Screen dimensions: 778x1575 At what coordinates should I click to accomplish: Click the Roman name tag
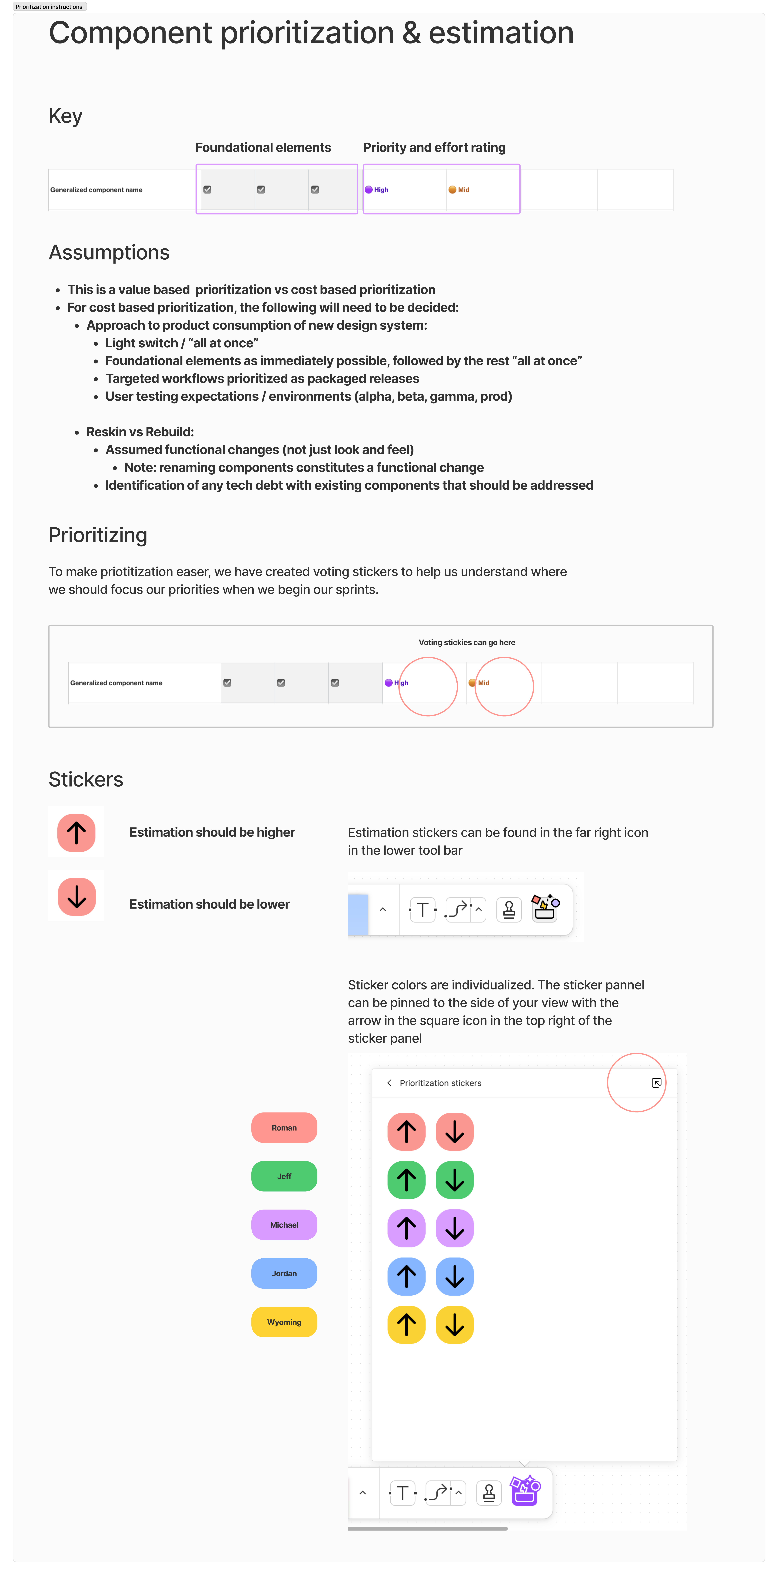pyautogui.click(x=284, y=1127)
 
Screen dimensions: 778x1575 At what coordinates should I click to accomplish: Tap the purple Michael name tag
pyautogui.click(x=284, y=1225)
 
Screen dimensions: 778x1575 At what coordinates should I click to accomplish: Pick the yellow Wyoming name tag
pyautogui.click(x=284, y=1322)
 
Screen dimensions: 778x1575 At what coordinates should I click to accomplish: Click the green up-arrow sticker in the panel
pyautogui.click(x=406, y=1179)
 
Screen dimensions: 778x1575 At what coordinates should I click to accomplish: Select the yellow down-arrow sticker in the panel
pyautogui.click(x=455, y=1325)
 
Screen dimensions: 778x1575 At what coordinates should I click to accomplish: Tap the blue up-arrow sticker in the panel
pyautogui.click(x=406, y=1277)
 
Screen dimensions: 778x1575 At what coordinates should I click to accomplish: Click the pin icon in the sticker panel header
pyautogui.click(x=656, y=1083)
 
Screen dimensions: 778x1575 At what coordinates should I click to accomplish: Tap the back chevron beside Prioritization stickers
pyautogui.click(x=389, y=1083)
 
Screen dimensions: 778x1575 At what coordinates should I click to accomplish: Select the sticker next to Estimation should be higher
pyautogui.click(x=76, y=833)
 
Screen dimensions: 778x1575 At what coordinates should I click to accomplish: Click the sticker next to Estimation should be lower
pyautogui.click(x=76, y=896)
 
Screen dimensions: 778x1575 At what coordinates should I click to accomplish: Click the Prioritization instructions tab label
pyautogui.click(x=49, y=7)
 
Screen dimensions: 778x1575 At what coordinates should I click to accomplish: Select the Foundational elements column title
pyautogui.click(x=263, y=147)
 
